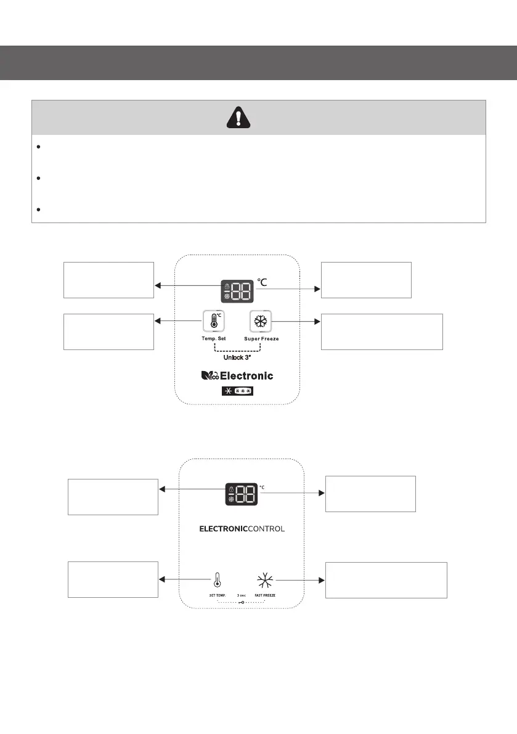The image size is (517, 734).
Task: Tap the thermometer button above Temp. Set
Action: point(213,321)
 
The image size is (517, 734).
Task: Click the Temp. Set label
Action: point(213,339)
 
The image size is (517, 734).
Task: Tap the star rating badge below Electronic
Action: point(237,391)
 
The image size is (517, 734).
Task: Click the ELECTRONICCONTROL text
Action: point(241,530)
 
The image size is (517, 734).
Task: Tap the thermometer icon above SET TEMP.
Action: point(217,579)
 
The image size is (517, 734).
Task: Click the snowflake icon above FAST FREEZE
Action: point(265,579)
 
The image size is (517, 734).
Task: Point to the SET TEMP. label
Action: point(217,595)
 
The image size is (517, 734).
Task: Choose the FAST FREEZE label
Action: point(265,595)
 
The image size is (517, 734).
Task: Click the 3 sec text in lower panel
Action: point(242,595)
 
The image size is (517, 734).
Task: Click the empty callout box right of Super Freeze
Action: point(382,332)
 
